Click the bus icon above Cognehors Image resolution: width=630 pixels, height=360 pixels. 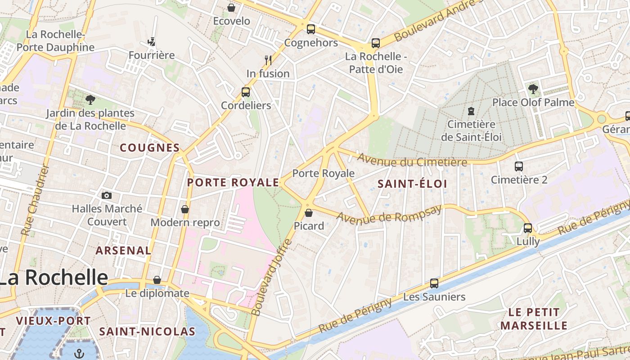click(310, 29)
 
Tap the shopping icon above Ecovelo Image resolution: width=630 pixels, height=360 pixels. click(231, 8)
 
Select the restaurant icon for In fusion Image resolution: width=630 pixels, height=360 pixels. click(268, 60)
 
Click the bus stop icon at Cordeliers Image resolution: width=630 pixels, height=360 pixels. click(246, 92)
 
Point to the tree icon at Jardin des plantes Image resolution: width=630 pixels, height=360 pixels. click(90, 99)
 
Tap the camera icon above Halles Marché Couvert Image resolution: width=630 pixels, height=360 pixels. click(107, 195)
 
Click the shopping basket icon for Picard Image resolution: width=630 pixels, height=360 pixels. click(309, 212)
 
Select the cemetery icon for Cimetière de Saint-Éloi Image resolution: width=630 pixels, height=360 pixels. click(471, 111)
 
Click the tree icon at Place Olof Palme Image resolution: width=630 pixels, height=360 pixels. click(533, 89)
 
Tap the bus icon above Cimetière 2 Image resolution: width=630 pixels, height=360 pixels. click(519, 166)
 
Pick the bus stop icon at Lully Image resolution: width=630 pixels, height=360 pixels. click(528, 228)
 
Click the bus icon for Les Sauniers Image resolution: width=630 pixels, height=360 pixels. click(434, 283)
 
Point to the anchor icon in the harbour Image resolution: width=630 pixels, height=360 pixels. click(79, 353)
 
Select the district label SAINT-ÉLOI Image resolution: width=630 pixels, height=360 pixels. click(412, 184)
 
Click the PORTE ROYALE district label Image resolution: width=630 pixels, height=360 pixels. click(233, 182)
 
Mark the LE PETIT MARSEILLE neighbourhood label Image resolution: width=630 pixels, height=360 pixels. click(534, 319)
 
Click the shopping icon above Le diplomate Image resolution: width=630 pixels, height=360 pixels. click(157, 280)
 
